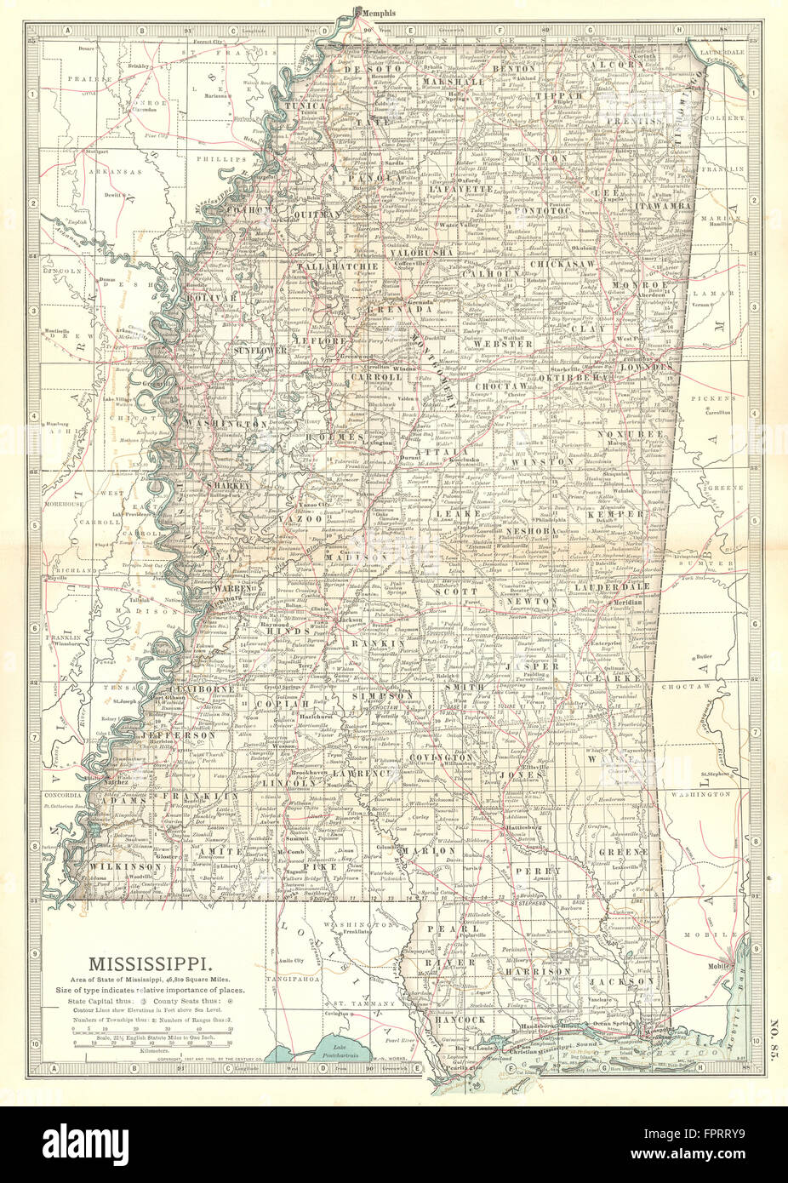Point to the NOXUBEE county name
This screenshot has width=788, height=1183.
coord(642,434)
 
